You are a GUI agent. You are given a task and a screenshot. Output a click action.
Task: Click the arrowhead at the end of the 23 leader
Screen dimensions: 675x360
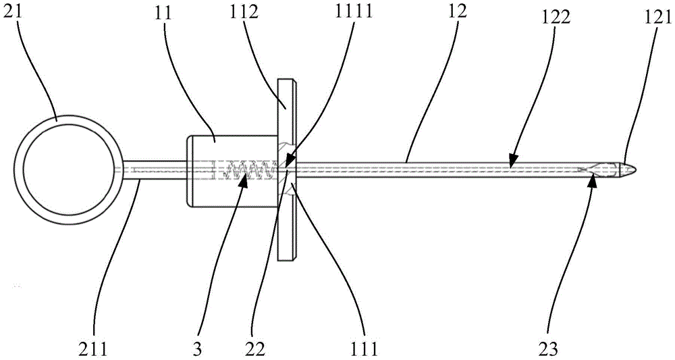click(593, 176)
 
